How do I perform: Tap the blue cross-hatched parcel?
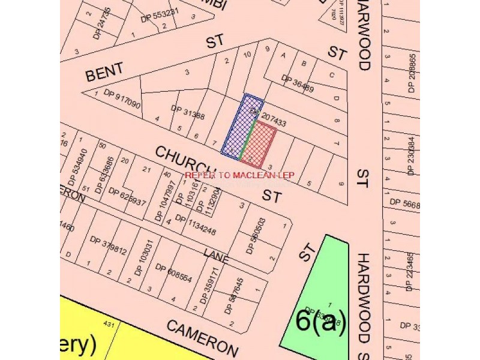click(240, 127)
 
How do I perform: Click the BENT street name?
click(105, 71)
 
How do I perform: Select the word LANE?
click(216, 256)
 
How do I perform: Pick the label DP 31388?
click(187, 112)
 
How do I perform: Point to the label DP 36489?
click(298, 84)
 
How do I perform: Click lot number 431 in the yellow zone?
click(109, 325)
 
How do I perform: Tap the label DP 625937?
click(127, 197)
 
